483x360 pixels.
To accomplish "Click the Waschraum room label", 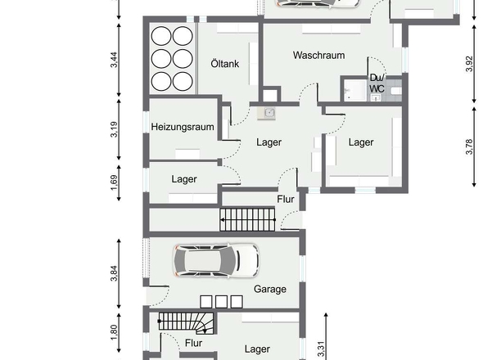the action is tap(318, 56).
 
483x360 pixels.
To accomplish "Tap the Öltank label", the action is tap(225, 64).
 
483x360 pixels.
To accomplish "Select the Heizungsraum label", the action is tap(183, 127).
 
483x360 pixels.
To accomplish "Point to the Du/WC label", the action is tap(377, 83).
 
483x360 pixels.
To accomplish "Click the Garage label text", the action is tap(270, 289).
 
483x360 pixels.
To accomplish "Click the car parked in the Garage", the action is tap(216, 260).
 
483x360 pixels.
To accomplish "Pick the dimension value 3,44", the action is tap(114, 60).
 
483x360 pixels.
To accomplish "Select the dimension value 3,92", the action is tap(469, 64).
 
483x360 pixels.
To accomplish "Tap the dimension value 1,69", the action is tap(114, 183).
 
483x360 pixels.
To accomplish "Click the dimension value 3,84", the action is tap(114, 273).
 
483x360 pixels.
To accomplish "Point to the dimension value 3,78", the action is tap(469, 146).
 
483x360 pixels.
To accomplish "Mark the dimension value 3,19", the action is tap(114, 129).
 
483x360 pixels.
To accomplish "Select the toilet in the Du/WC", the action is tap(396, 91).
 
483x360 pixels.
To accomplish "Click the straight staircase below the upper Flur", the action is tap(247, 219).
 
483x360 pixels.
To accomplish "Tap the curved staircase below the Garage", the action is tap(186, 323).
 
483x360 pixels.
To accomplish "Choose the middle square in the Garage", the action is tap(222, 302).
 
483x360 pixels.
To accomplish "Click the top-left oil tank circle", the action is tap(161, 36).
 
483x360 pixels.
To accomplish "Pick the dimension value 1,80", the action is tap(114, 333).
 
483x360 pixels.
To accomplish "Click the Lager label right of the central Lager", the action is tap(361, 142).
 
